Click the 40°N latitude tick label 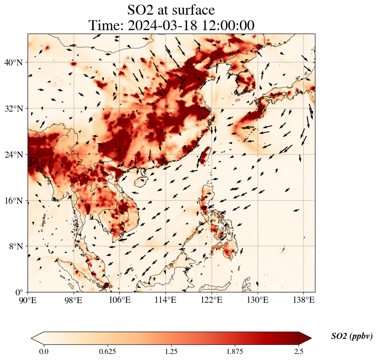pos(13,62)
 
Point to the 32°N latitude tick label pos(13,109)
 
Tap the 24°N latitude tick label pos(13,155)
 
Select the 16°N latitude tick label pos(13,201)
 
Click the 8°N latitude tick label pos(15,246)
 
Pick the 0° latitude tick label pos(19,292)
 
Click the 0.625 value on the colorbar pos(107,351)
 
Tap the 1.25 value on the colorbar pos(171,351)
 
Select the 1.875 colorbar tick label pos(235,351)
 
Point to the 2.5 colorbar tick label pos(299,351)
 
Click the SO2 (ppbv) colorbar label pos(352,336)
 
